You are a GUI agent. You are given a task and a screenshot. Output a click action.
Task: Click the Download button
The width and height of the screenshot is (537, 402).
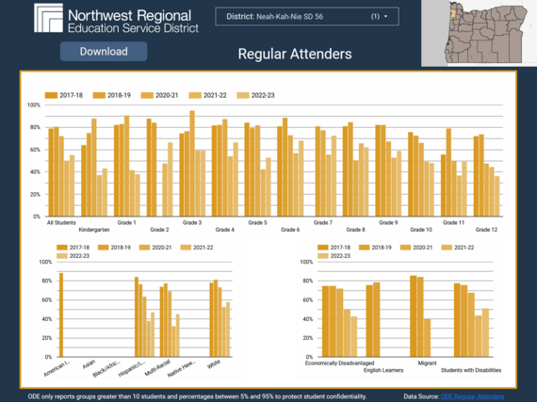point(103,52)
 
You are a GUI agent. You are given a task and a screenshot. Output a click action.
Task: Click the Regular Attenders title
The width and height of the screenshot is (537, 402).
point(295,54)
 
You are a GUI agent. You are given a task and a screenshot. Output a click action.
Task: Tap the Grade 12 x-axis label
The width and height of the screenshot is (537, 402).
point(486,229)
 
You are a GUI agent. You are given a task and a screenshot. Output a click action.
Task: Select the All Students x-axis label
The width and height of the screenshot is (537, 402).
point(62,222)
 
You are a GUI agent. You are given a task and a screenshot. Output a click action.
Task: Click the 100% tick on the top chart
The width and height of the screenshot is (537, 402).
point(34,105)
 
